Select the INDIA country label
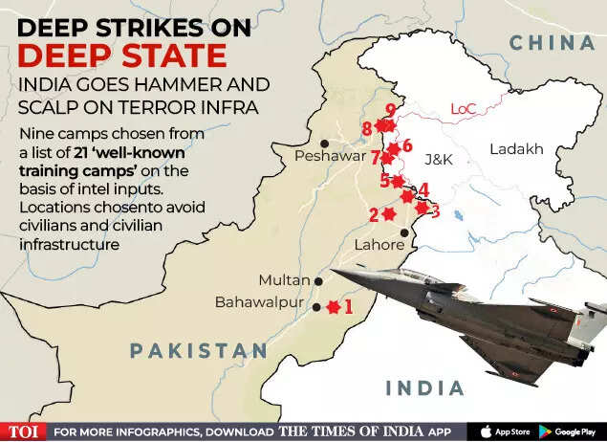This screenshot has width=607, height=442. click(x=424, y=387)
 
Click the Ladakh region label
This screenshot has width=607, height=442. click(x=516, y=149)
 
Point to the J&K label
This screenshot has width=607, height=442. click(x=438, y=159)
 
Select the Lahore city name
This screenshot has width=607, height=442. click(x=380, y=244)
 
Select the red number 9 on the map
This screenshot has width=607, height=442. click(x=390, y=110)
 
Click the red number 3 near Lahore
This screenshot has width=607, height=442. click(x=435, y=211)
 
